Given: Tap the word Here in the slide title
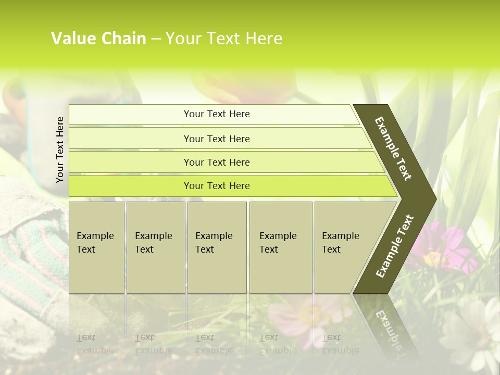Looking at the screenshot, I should click(x=264, y=39).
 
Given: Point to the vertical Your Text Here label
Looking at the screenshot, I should click(x=60, y=149).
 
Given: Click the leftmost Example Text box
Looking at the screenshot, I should click(x=96, y=247).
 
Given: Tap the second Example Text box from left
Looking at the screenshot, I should click(x=155, y=247).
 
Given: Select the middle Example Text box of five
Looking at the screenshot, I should click(x=217, y=247).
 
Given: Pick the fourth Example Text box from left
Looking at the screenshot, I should click(x=281, y=247).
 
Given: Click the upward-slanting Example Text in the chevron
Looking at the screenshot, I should click(x=394, y=246).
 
